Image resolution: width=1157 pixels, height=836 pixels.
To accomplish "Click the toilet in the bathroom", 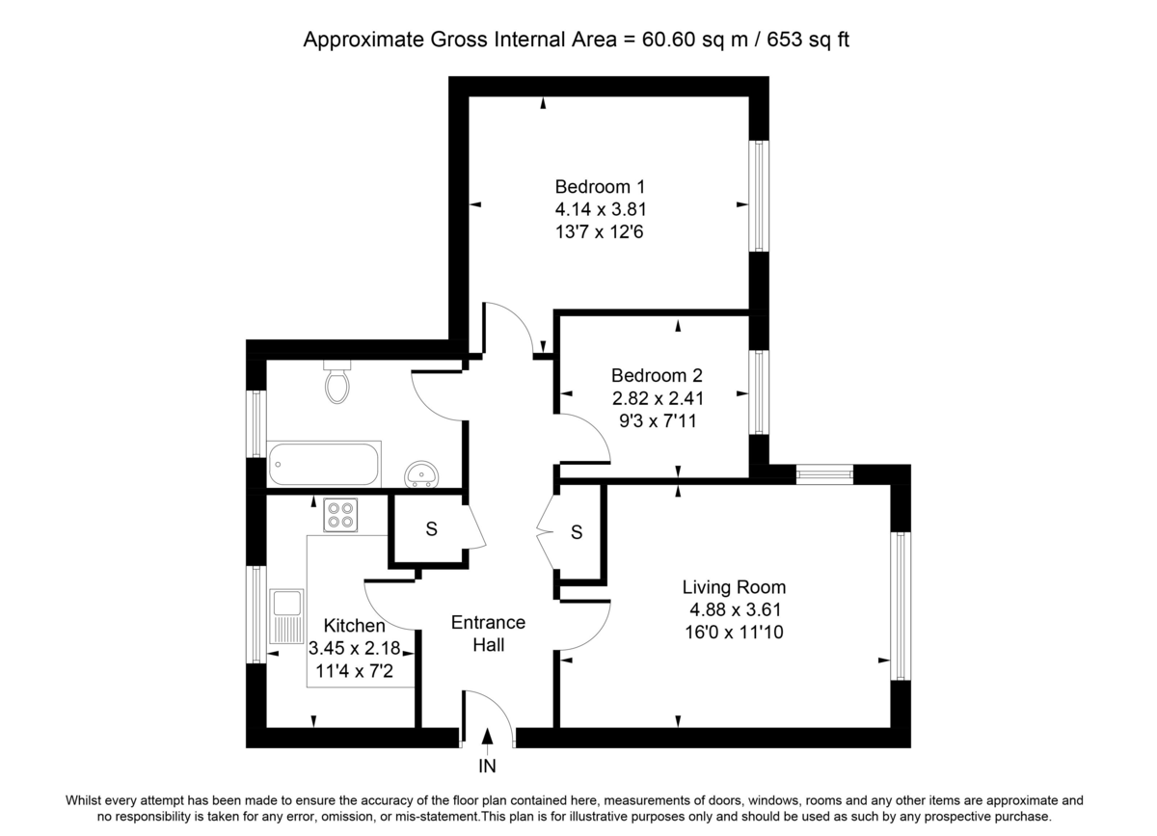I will (336, 383).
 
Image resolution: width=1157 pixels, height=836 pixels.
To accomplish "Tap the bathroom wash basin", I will (420, 473).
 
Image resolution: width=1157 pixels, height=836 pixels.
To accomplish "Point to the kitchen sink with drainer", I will (286, 616).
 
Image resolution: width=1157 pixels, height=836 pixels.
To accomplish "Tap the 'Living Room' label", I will (734, 586).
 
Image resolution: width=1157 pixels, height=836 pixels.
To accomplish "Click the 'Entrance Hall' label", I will (488, 634).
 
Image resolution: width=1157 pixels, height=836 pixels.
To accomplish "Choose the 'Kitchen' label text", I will (354, 626).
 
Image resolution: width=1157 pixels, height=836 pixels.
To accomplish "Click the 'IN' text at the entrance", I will (487, 768).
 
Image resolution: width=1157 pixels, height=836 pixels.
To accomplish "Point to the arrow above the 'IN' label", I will (488, 737).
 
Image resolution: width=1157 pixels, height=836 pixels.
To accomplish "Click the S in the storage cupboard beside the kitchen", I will (431, 529).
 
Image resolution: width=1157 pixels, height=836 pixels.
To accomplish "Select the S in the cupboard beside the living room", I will (577, 532).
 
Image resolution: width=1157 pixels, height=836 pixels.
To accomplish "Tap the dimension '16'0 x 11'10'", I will (734, 632).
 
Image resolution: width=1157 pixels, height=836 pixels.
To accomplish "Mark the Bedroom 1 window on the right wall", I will (760, 197).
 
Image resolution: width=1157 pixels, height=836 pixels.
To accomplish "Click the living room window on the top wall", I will (824, 474).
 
